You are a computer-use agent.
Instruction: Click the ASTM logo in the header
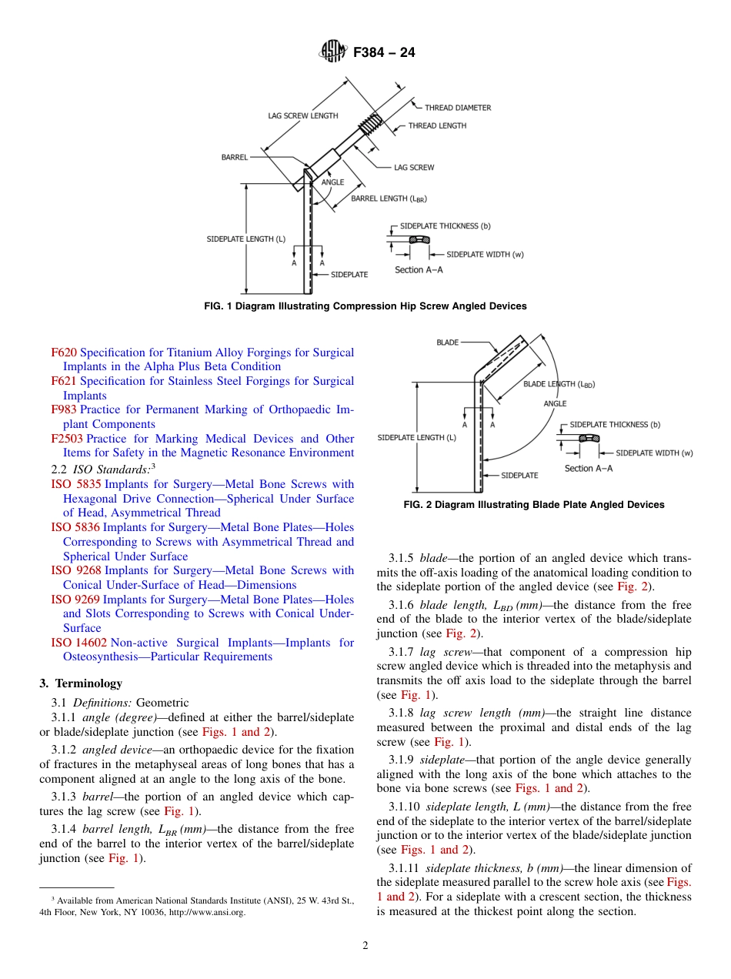[x=332, y=52]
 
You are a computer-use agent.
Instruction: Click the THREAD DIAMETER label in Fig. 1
[x=458, y=108]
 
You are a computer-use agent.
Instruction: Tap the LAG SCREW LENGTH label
[x=302, y=115]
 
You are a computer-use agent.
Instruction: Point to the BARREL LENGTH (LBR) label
[x=389, y=199]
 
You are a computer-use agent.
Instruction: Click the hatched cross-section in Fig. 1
[x=419, y=239]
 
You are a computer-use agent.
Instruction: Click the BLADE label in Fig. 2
[x=448, y=342]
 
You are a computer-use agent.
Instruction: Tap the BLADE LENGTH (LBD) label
[x=559, y=383]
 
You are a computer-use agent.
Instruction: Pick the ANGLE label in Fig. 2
[x=555, y=403]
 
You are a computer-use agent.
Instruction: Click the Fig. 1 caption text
[x=365, y=306]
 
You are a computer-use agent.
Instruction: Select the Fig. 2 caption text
[x=533, y=505]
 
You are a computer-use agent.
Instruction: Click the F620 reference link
[x=64, y=353]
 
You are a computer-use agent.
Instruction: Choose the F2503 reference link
[x=67, y=439]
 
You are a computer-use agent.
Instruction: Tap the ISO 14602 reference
[x=79, y=643]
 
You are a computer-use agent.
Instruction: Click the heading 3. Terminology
[x=81, y=683]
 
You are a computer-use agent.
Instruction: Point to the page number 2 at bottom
[x=365, y=946]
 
